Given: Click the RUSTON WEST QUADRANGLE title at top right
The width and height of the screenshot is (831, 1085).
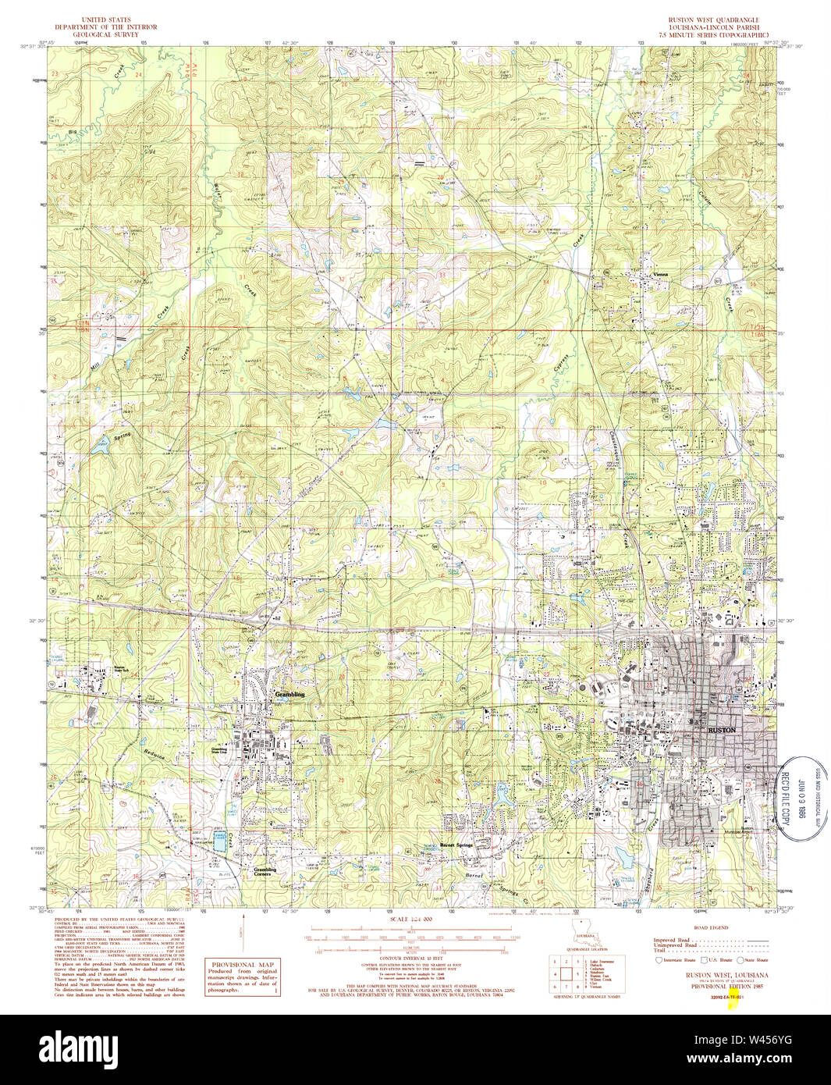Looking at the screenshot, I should point(712,19).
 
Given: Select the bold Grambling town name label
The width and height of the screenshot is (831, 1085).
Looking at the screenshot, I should point(289,693).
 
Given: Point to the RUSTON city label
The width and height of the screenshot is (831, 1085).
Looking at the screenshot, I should point(721,729).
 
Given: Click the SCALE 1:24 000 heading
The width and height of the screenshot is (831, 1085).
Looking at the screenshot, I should point(410,920).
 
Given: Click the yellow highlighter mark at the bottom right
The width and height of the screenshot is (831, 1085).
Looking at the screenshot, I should point(732,1001).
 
